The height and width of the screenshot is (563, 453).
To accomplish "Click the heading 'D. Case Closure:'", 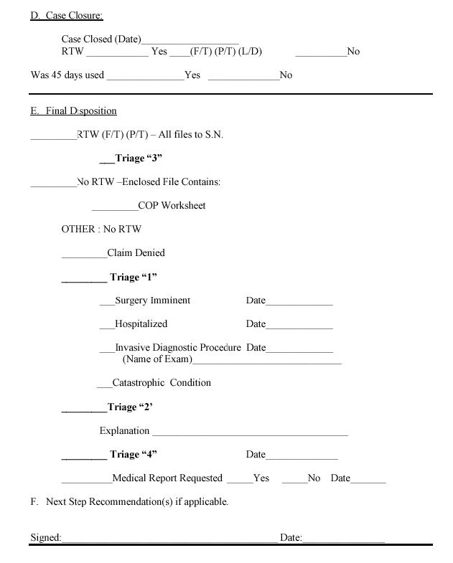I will [x=66, y=16].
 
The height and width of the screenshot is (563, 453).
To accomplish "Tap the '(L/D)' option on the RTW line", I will [x=250, y=52].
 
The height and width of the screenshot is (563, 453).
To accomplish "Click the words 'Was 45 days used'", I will [x=67, y=75].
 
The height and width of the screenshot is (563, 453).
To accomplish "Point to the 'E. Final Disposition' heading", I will [x=73, y=111].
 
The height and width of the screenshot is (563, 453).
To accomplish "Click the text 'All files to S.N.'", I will [x=191, y=135].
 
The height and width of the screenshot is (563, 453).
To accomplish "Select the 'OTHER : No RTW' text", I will [x=101, y=230].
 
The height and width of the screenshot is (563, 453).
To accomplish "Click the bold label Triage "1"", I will [x=133, y=278].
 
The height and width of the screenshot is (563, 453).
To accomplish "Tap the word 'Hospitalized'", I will [x=141, y=324].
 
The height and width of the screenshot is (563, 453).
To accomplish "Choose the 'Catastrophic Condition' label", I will [x=162, y=383].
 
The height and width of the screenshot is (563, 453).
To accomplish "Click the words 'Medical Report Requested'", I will [x=167, y=478].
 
